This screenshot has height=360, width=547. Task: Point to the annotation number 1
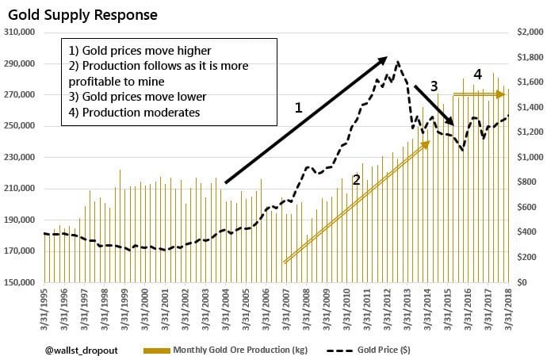299,106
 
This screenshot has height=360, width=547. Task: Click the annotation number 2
357,180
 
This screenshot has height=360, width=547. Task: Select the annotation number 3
434,85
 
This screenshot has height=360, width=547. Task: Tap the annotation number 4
477,75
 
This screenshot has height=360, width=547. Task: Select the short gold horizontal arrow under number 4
480,94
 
